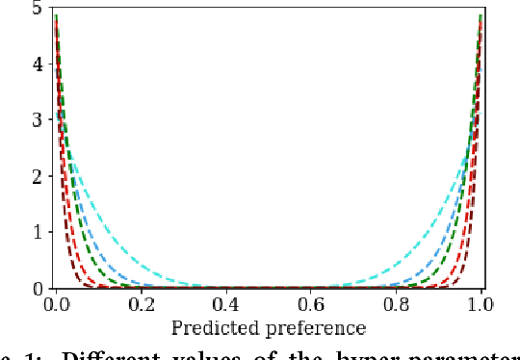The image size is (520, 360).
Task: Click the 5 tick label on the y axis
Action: [36, 9]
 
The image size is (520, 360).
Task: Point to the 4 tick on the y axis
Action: [36, 64]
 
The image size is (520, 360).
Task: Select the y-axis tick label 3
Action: [36, 120]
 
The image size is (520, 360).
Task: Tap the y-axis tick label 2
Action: [36, 176]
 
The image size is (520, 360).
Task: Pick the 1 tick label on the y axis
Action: [36, 232]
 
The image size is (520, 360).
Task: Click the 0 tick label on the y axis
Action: [36, 288]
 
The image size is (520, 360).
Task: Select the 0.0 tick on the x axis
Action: [55, 304]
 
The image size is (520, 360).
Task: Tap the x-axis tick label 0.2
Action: [141, 304]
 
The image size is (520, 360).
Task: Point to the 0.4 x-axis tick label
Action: [225, 304]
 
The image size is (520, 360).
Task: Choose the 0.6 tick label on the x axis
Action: [311, 304]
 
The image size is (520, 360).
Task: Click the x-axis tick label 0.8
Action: [396, 304]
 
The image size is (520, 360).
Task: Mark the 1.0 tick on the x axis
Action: [481, 304]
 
